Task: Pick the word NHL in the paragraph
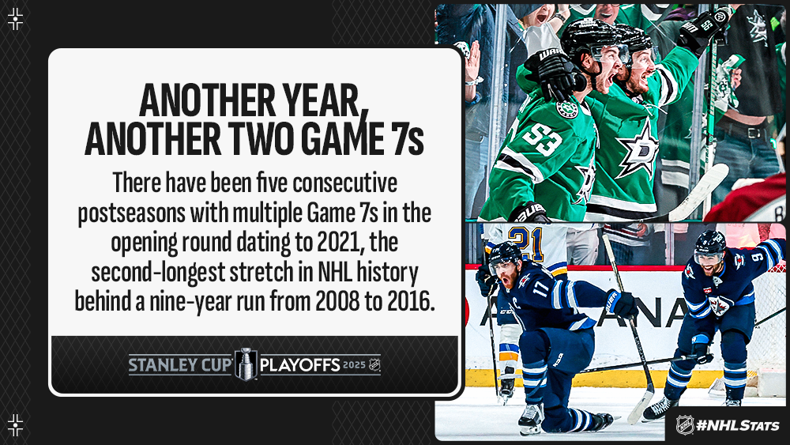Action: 334,272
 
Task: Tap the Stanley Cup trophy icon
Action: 246,364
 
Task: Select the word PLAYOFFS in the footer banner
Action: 299,365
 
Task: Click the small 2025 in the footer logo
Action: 354,364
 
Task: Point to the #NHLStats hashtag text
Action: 737,425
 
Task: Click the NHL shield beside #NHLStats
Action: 684,424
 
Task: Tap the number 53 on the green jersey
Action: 541,138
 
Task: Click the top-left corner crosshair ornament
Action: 16,19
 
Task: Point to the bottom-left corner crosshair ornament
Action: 16,424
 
